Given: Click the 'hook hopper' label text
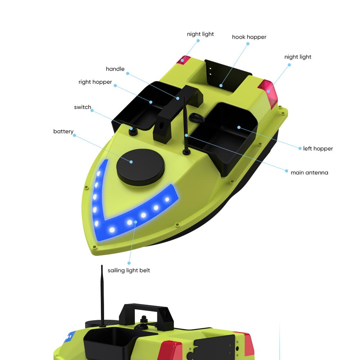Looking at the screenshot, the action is tap(249, 37).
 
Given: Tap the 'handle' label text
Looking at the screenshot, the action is tap(115, 69).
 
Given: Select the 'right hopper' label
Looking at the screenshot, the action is tap(95, 82).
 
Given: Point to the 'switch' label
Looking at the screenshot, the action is tap(82, 107).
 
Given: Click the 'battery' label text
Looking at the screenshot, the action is tap(63, 131).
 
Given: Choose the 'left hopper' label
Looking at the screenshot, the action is tap(318, 149).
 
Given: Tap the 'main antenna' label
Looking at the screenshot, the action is tap(309, 173).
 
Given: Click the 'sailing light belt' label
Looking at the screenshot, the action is tap(129, 270).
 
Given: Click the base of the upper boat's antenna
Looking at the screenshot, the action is tap(186, 152).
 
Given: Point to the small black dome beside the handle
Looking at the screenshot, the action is tap(197, 118).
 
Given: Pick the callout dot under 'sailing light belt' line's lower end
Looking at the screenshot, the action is tap(129, 263).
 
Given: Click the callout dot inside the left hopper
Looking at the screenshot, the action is tap(239, 127).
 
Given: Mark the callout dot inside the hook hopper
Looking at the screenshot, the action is tap(221, 86).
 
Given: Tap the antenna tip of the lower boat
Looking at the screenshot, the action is tap(102, 266).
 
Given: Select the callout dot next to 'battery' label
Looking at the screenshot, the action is tap(75, 135).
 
